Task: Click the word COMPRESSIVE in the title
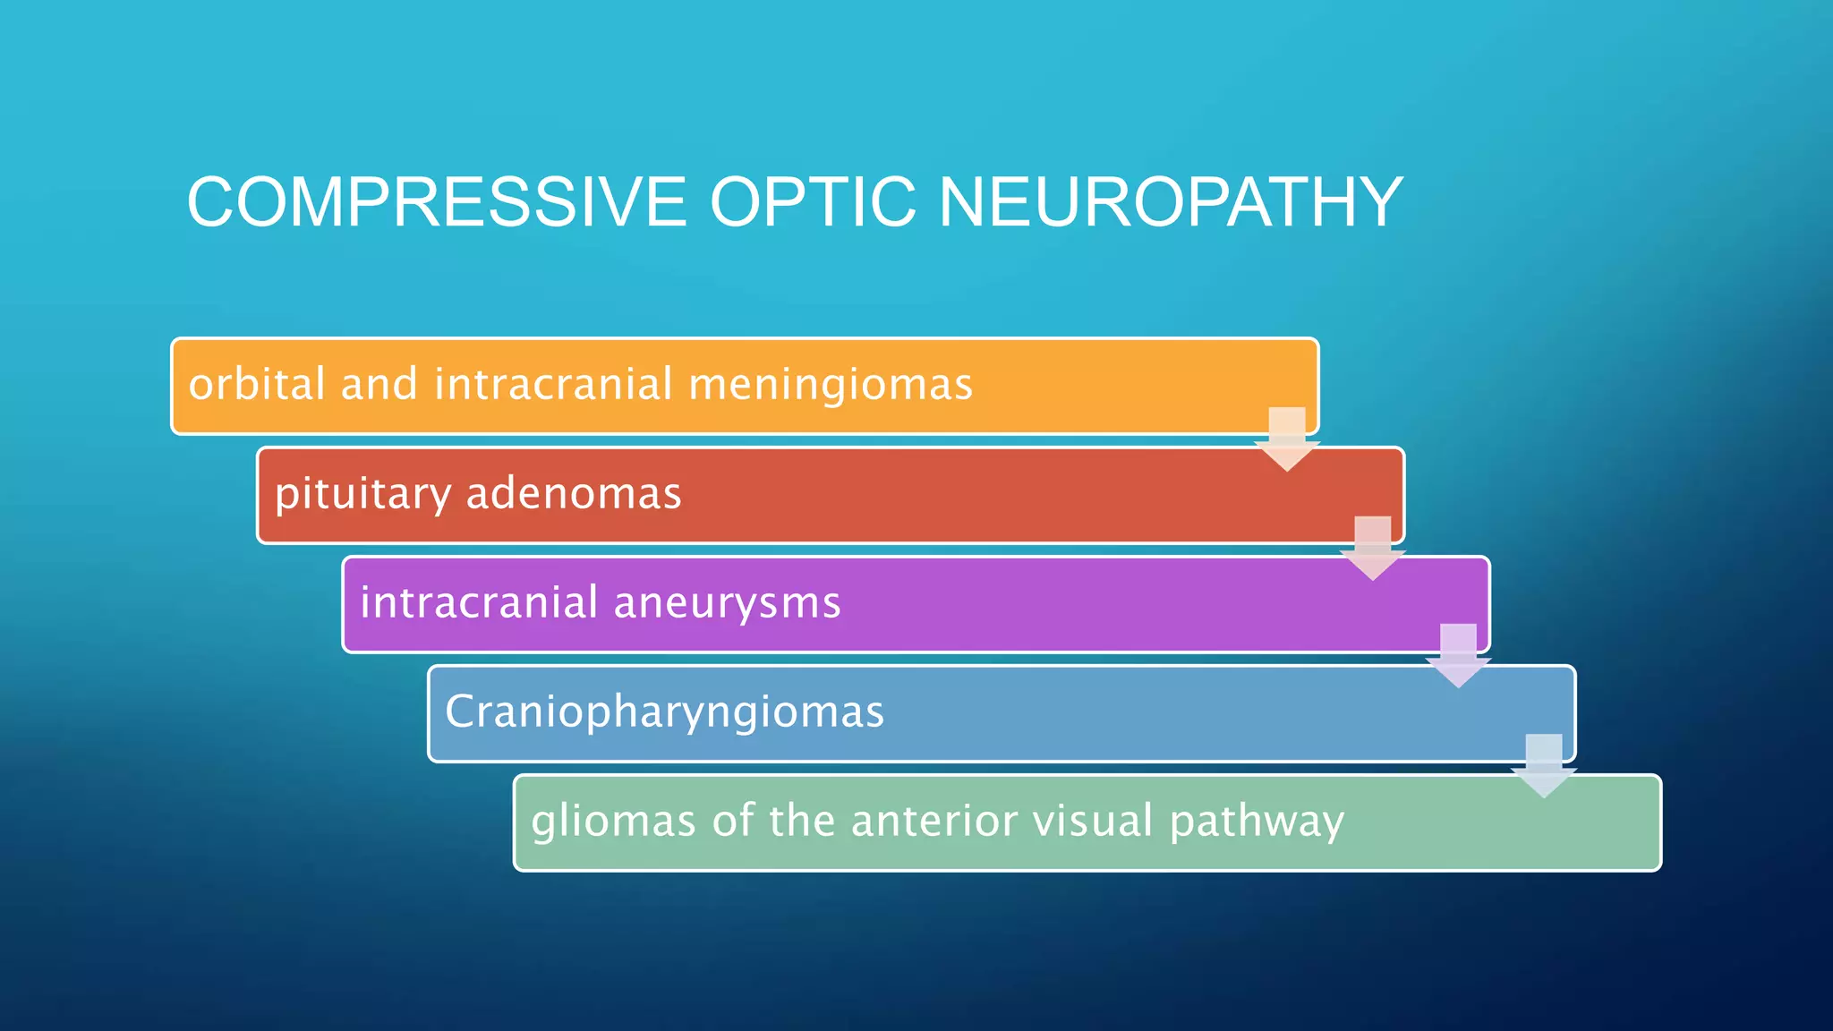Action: coord(436,202)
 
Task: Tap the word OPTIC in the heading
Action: coord(813,202)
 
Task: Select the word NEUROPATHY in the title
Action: coord(1170,202)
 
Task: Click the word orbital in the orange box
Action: coord(257,385)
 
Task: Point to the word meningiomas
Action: coord(830,385)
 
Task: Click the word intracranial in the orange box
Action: coord(553,385)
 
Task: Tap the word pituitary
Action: coord(362,494)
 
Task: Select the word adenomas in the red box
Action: coord(574,494)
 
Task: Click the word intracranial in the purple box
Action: coord(479,602)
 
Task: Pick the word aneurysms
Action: coord(727,602)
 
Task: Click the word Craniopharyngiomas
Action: coord(664,712)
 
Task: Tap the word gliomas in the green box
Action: coord(613,822)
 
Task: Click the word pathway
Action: coord(1257,822)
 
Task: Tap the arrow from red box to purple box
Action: coord(1372,549)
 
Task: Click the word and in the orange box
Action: coord(379,385)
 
